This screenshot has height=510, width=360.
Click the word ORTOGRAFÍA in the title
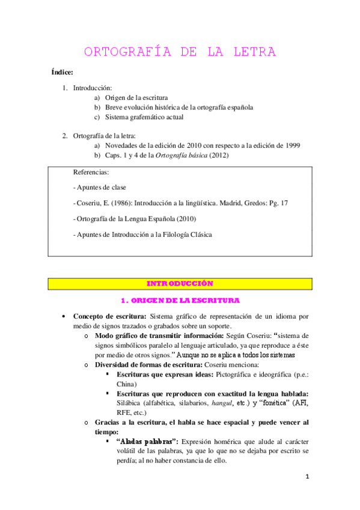(x=122, y=52)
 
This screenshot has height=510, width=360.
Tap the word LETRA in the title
(x=252, y=52)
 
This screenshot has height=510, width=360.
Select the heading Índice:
(x=62, y=73)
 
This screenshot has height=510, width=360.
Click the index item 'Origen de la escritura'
(x=136, y=97)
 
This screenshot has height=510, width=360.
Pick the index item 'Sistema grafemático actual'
(x=144, y=117)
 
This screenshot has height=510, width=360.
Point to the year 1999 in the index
(x=291, y=146)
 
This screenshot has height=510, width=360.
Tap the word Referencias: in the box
(x=91, y=172)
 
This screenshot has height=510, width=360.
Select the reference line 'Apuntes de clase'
(x=99, y=188)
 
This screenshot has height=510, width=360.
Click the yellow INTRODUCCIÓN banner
(x=180, y=283)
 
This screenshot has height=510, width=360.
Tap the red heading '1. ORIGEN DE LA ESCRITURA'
(x=180, y=300)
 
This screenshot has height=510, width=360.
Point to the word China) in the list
(x=127, y=384)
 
